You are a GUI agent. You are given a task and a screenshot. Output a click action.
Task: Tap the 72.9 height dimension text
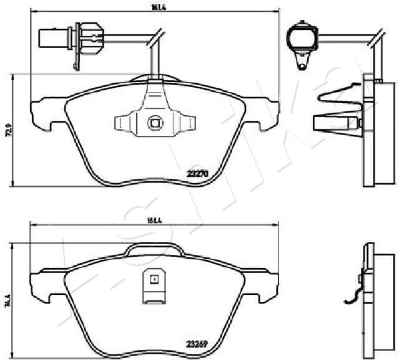pos(8,129)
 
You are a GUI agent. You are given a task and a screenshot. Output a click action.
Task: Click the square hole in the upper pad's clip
pos(154,124)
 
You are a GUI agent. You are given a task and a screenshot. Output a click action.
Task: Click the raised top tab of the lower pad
pos(153,250)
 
